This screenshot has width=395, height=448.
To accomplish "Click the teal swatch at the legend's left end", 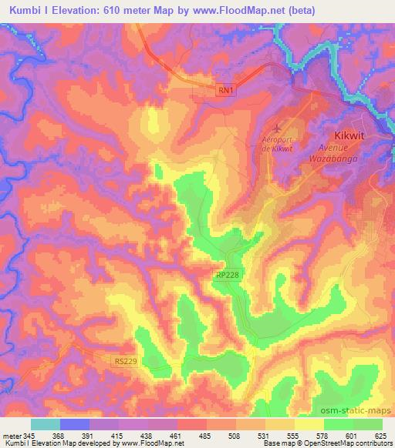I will [x=46, y=425].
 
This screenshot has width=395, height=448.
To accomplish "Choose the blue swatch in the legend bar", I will [x=75, y=425].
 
